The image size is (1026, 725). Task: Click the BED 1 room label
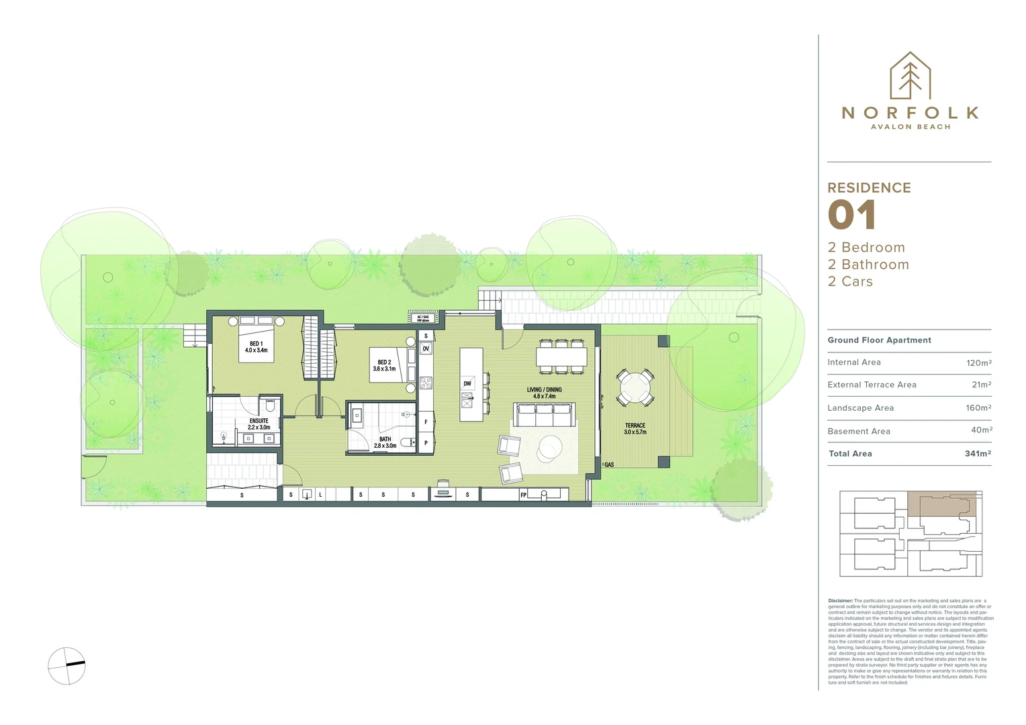(x=256, y=347)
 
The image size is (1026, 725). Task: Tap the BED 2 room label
(x=384, y=365)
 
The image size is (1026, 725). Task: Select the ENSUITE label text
(x=259, y=424)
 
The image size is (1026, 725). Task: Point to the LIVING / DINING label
(x=544, y=393)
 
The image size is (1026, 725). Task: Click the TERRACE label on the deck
(x=635, y=429)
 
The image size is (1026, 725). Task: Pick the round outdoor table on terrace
(x=635, y=387)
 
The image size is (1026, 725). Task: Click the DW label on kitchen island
(x=467, y=384)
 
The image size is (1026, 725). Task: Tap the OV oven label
(x=426, y=349)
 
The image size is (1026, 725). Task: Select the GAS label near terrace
(x=608, y=465)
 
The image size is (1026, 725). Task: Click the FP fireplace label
(x=524, y=495)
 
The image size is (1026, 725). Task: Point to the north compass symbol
(x=66, y=666)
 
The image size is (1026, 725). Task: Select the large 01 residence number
(x=851, y=215)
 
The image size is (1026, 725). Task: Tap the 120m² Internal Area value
(x=978, y=362)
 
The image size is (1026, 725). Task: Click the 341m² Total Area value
(x=978, y=454)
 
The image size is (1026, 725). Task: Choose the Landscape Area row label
(x=860, y=408)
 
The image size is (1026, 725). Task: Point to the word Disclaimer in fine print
(x=840, y=601)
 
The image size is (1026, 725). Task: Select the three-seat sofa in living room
(x=544, y=415)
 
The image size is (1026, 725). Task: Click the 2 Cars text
(x=850, y=282)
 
